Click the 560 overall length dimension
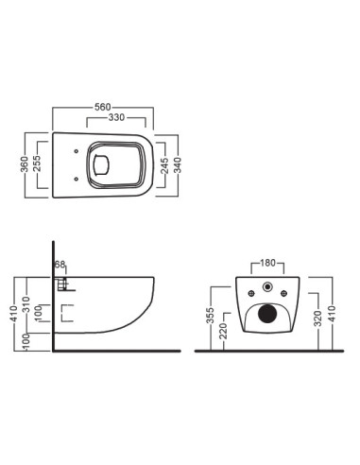coord(103,107)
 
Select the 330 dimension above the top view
coord(116,117)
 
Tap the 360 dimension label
coord(25,164)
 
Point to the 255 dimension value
coord(37,164)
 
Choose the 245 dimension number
coord(164,166)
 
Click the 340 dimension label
coord(178,165)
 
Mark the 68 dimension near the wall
coord(60,265)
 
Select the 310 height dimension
coord(26,304)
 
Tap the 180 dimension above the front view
coord(267,263)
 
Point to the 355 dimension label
coord(211,316)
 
